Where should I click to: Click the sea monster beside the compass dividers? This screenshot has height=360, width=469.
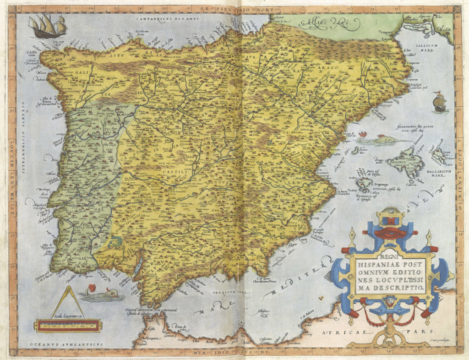102,293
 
